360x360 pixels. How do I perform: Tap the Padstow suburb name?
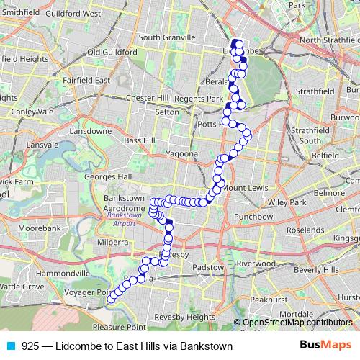207,266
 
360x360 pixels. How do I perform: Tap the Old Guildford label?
112,53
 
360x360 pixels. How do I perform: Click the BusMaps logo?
325,346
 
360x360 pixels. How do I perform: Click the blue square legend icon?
11,346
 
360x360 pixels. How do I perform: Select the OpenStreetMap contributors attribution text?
299,322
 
